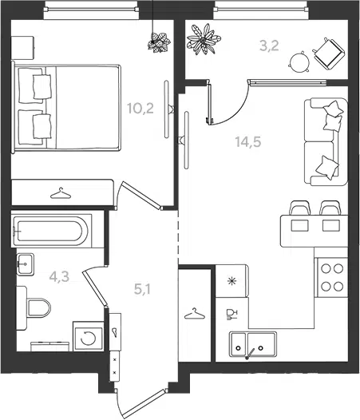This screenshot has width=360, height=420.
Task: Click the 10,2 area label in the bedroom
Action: pos(140,109)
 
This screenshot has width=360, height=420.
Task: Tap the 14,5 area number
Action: pos(248,141)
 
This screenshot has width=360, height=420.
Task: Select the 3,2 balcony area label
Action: pos(269,46)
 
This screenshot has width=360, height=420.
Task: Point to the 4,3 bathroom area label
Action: pos(59,276)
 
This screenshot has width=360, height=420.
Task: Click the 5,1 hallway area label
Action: pos(142,289)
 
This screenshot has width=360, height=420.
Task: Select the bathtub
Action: pos(51,231)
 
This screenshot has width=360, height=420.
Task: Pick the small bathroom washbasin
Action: pos(25,264)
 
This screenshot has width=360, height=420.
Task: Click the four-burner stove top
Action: pos(332,278)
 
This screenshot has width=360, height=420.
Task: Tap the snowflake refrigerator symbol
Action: pos(231,281)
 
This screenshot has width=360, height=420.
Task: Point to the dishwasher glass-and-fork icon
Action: pos(231,314)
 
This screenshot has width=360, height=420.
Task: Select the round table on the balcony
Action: pos(299,62)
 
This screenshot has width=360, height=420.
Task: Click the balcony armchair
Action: pos(327,53)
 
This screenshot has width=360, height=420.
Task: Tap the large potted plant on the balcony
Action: pos(204,39)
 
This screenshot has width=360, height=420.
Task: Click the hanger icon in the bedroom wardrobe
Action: pos(61,193)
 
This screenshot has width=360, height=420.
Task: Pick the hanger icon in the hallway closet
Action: pos(195,313)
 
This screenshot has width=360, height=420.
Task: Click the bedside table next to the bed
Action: pos(23,48)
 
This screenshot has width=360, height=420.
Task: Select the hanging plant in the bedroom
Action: pos(159,42)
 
